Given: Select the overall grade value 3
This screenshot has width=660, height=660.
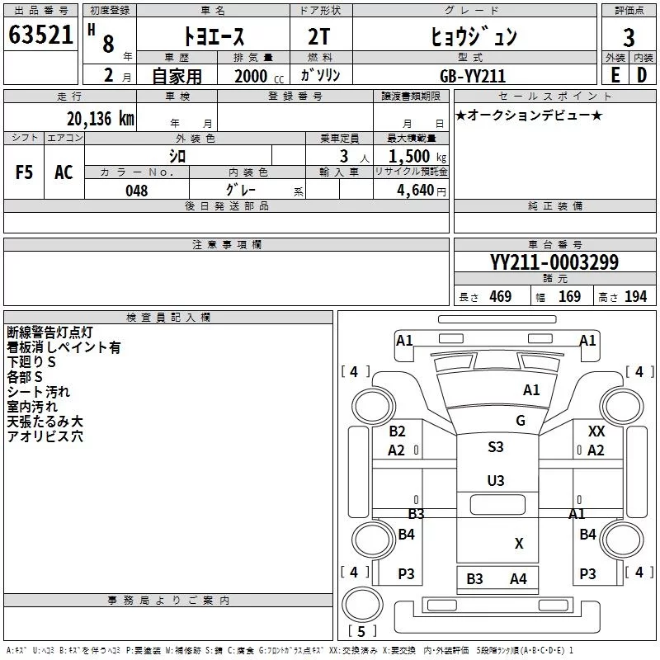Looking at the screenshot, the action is pyautogui.click(x=629, y=38).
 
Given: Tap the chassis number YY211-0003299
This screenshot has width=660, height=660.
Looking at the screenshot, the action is pyautogui.click(x=554, y=263).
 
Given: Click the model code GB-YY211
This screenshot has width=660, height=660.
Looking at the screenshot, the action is pyautogui.click(x=474, y=75).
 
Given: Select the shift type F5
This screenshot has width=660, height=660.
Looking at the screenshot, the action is pyautogui.click(x=25, y=172).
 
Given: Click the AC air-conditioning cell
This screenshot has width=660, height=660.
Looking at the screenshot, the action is pyautogui.click(x=64, y=172).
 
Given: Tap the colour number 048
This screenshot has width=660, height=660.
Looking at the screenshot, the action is pyautogui.click(x=136, y=191).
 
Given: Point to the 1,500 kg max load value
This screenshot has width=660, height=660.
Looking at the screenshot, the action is pyautogui.click(x=411, y=157).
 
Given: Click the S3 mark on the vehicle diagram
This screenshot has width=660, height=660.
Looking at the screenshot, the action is pyautogui.click(x=496, y=447).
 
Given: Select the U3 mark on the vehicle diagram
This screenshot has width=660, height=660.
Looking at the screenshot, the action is pyautogui.click(x=496, y=480).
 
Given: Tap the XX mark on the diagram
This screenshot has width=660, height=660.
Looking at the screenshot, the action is pyautogui.click(x=596, y=431).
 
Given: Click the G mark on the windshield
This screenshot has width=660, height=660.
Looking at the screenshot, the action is pyautogui.click(x=521, y=421).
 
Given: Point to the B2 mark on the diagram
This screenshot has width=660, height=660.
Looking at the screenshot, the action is pyautogui.click(x=398, y=431).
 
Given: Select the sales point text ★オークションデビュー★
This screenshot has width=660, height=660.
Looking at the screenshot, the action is pyautogui.click(x=529, y=115).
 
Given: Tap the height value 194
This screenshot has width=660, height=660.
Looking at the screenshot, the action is pyautogui.click(x=636, y=297).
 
